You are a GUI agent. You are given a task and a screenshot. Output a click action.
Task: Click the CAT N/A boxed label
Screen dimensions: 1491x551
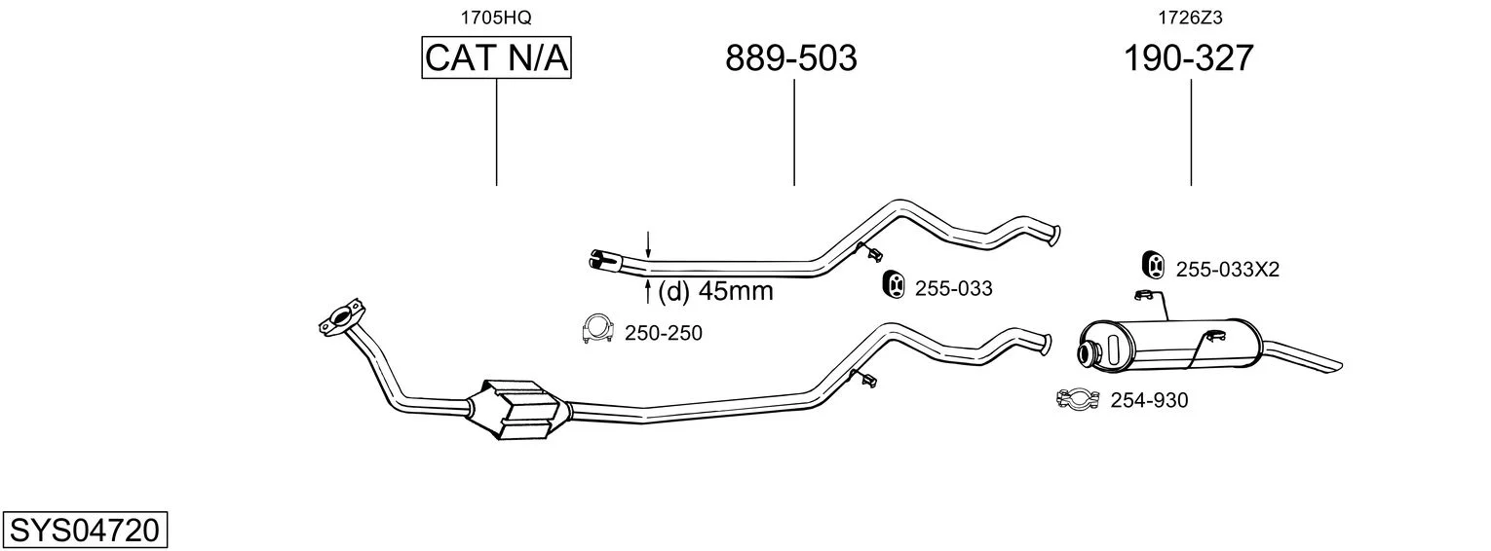click(497, 57)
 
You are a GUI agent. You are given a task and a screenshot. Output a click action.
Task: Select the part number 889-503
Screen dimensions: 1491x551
click(790, 57)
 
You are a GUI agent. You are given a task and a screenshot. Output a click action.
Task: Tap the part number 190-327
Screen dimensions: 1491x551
click(1189, 57)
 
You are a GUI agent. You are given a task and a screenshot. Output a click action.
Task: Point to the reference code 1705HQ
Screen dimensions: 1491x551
click(497, 18)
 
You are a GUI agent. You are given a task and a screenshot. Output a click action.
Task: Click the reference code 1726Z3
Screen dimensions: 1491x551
click(1190, 18)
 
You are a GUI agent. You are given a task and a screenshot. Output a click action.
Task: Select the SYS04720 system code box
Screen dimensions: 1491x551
click(85, 530)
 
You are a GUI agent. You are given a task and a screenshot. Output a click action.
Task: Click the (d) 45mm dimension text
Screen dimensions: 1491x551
click(715, 291)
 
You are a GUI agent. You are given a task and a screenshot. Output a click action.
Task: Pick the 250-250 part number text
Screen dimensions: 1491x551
click(663, 333)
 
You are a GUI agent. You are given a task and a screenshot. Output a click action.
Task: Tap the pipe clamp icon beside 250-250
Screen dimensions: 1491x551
click(597, 328)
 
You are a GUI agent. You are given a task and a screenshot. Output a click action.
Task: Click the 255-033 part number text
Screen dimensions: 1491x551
click(953, 288)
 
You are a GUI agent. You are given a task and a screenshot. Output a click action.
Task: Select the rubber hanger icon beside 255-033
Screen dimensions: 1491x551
click(894, 284)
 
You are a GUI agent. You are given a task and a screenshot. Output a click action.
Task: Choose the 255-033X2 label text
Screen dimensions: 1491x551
click(1228, 270)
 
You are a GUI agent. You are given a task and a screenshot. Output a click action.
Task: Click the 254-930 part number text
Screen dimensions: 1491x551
click(1149, 400)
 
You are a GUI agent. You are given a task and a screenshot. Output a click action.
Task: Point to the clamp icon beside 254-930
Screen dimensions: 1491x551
click(1078, 399)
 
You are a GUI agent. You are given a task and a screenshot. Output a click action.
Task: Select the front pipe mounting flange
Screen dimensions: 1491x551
click(341, 316)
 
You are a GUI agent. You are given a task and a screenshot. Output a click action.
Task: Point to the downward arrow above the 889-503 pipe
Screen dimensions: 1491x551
click(648, 245)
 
